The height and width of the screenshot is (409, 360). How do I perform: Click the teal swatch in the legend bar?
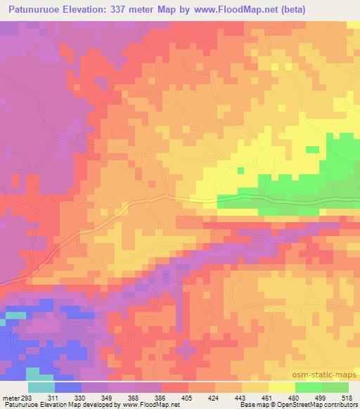pyautogui.click(x=41, y=387)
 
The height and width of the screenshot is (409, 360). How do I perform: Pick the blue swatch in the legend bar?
pyautogui.click(x=68, y=387)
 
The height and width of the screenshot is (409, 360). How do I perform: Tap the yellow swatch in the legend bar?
pyautogui.click(x=282, y=387)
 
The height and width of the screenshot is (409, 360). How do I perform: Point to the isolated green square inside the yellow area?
pyautogui.click(x=241, y=170)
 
